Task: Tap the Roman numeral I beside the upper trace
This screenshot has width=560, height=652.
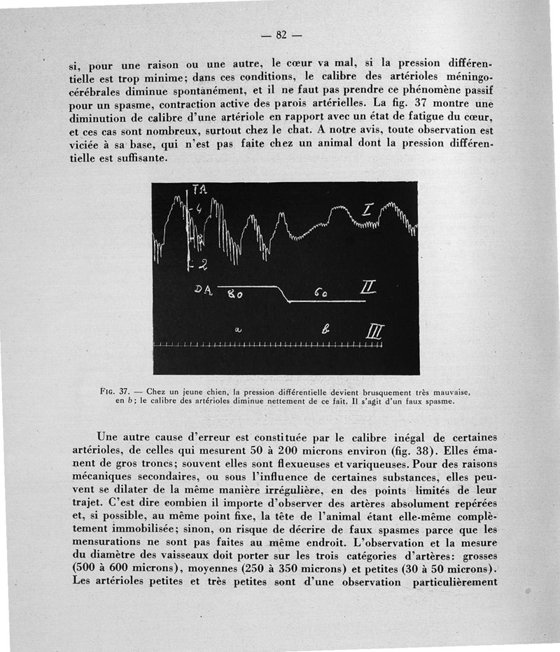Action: point(368,210)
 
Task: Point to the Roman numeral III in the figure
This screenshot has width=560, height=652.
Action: point(373,332)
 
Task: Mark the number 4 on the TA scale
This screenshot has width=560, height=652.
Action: point(198,208)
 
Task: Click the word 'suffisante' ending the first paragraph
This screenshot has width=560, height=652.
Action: point(138,159)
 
